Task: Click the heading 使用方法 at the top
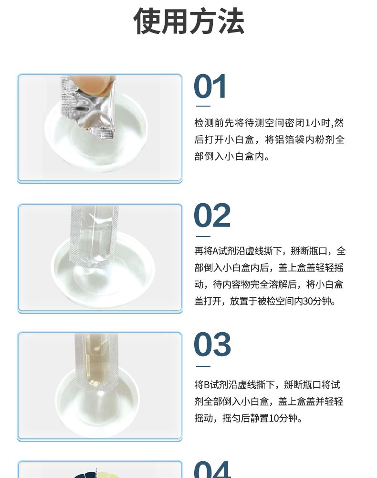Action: click(188, 21)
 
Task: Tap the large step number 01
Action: click(210, 87)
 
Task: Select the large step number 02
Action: click(212, 216)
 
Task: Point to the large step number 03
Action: click(212, 345)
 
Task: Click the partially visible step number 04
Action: click(212, 469)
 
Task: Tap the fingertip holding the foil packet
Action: click(90, 84)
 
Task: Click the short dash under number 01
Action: click(203, 106)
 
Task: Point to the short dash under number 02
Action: click(203, 236)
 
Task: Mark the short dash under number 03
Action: click(203, 367)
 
